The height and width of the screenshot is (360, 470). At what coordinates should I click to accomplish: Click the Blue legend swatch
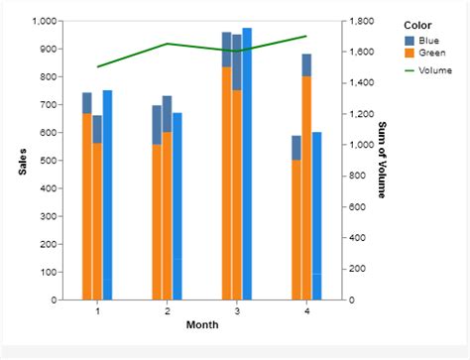coord(410,41)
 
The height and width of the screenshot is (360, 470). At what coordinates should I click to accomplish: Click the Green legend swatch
coord(410,53)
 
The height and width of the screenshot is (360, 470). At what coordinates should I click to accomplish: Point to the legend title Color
coord(417,26)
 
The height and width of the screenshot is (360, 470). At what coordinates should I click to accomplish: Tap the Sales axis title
coord(22,162)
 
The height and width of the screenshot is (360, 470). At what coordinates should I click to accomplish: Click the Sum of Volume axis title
coord(382,160)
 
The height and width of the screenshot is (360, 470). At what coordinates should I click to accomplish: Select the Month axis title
coord(202,324)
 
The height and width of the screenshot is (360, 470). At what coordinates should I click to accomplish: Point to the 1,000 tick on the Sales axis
coord(45,21)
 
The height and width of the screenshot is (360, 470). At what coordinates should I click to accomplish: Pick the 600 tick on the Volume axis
coord(357,207)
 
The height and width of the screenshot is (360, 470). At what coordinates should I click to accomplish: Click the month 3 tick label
coord(237,311)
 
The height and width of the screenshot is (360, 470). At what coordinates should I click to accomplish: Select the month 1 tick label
coord(97,311)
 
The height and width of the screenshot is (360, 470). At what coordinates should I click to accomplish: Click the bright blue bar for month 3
coord(247,164)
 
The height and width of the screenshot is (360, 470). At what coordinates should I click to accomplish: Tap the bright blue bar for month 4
coord(316,216)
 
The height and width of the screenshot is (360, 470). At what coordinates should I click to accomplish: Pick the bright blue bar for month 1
coord(107,195)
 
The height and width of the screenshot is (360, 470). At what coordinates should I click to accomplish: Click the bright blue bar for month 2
coord(177,206)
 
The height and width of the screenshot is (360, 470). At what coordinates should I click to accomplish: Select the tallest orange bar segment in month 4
coord(306,188)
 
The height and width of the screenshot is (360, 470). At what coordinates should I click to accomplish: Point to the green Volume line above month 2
coord(168,44)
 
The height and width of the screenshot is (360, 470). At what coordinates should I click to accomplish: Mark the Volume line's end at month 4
coord(306,36)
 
